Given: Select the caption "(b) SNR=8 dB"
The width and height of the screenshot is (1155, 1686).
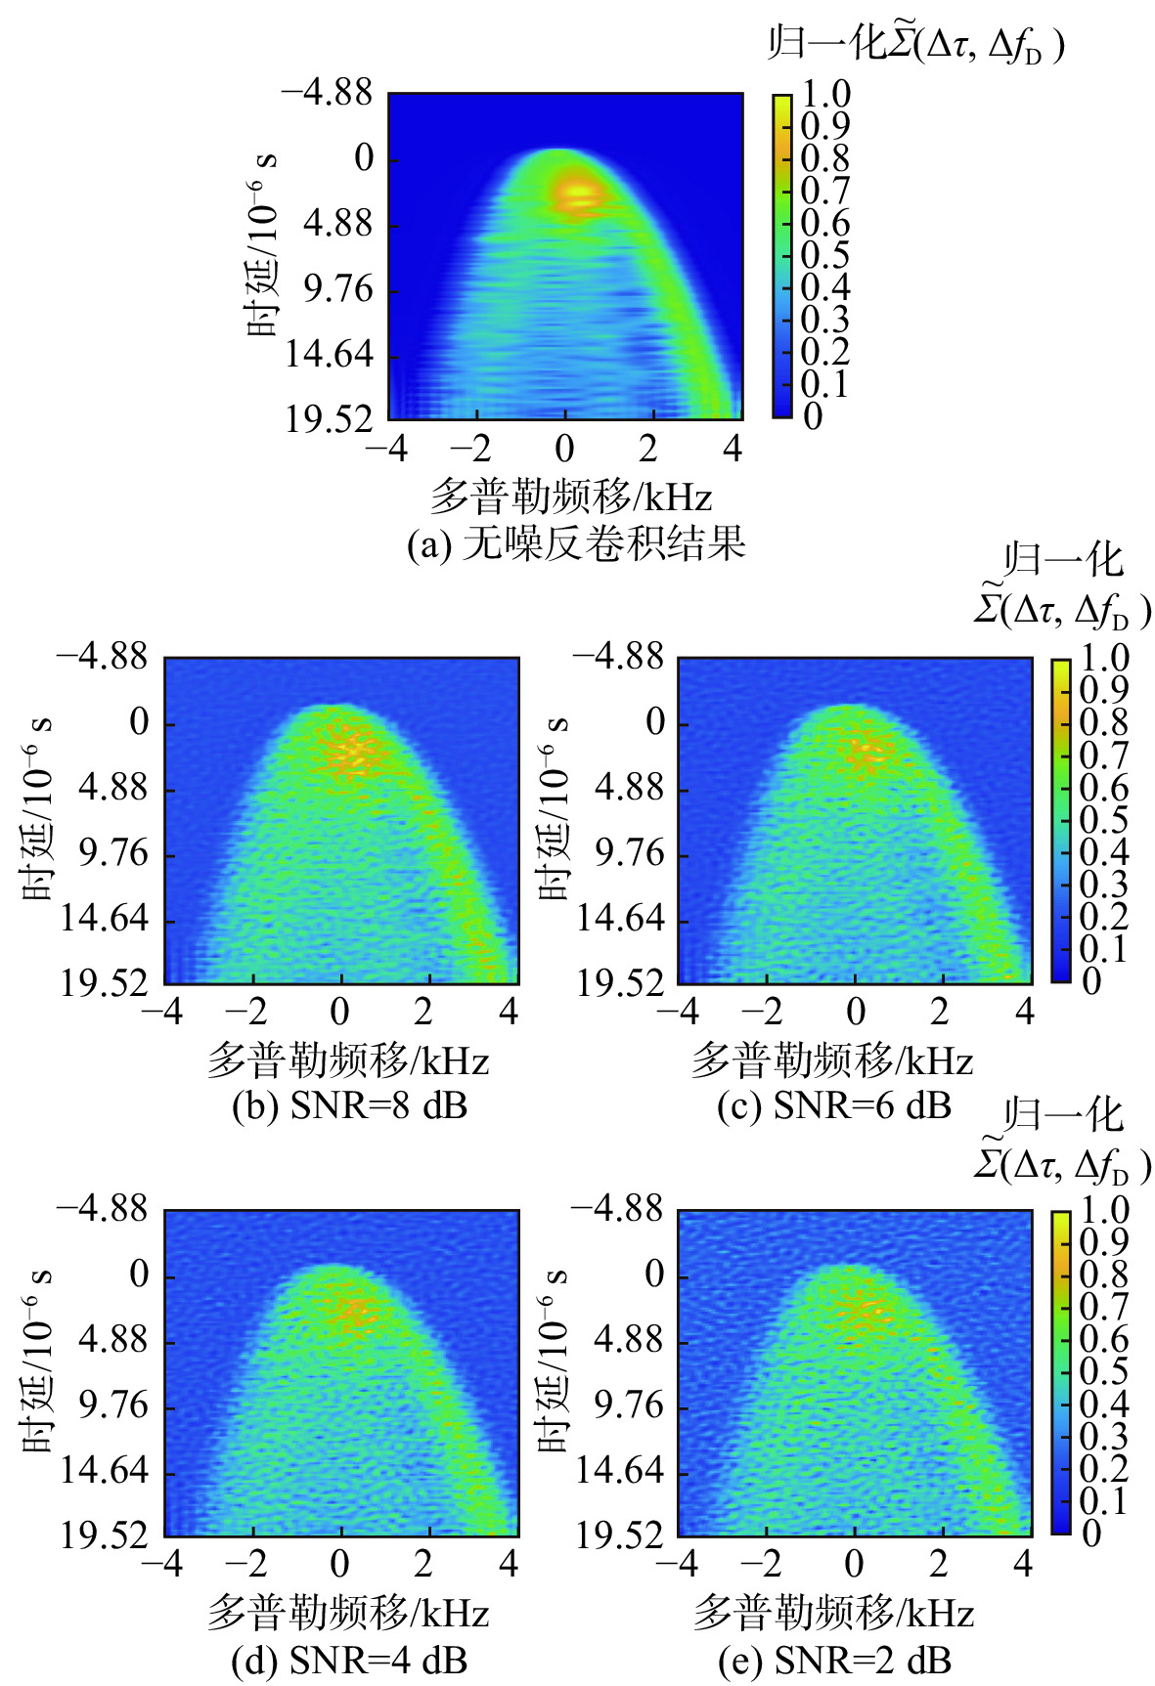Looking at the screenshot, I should click(349, 1105).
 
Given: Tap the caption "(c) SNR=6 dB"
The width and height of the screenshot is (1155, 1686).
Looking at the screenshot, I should click(833, 1105).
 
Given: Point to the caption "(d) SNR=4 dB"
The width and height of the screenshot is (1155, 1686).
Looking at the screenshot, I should click(349, 1659).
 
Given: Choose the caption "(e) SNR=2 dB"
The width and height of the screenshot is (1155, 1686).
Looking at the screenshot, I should click(833, 1659).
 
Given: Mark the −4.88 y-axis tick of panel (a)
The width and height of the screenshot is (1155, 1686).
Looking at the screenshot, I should click(327, 94).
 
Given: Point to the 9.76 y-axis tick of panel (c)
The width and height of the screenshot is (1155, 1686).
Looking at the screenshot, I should click(630, 854).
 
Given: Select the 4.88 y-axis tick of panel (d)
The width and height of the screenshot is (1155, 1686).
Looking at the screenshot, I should click(113, 1341).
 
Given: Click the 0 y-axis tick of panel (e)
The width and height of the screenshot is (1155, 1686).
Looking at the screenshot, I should click(654, 1275).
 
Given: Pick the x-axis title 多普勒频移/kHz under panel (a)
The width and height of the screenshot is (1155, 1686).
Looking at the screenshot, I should click(570, 497).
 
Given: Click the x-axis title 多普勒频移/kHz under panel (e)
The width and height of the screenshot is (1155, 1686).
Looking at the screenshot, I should click(833, 1613).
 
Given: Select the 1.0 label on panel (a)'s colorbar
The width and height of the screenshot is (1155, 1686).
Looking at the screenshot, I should click(825, 95).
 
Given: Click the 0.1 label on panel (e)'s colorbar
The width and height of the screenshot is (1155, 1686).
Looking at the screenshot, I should click(1103, 1501).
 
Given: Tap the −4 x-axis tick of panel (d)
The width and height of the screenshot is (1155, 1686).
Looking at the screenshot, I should click(162, 1565).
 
